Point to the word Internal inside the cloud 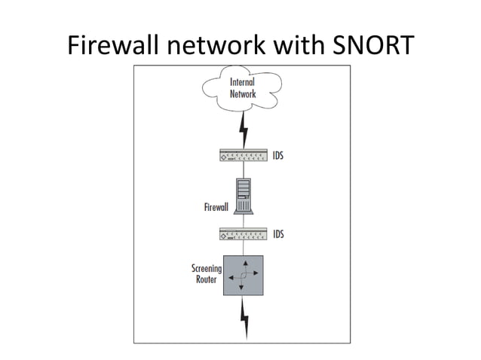243,82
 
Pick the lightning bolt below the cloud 243,133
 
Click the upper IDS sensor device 243,157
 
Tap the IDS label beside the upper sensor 278,157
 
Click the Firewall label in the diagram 216,206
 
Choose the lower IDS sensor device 243,234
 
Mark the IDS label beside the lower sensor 278,234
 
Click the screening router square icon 244,276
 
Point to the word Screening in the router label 207,268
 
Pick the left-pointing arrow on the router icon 231,277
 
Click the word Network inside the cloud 243,94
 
